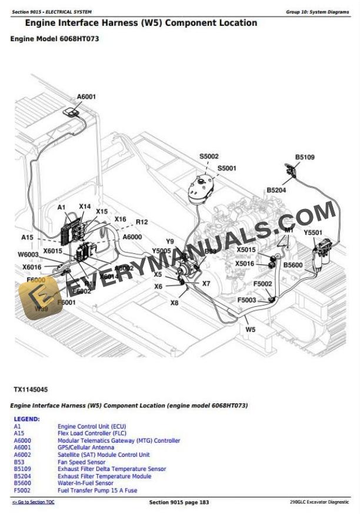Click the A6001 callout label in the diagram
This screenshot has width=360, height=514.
(x=86, y=97)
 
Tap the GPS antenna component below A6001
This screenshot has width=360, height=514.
(x=74, y=112)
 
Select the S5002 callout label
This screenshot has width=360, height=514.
(x=209, y=156)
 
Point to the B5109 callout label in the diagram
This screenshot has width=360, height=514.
(x=305, y=157)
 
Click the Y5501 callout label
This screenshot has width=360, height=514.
(x=313, y=233)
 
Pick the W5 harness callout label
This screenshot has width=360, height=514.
(x=251, y=329)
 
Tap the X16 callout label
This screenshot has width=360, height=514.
(x=120, y=219)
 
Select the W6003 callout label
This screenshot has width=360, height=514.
(x=28, y=254)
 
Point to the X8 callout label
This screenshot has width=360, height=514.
(x=174, y=303)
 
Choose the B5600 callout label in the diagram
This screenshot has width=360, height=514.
(x=292, y=265)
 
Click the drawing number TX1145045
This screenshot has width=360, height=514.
(x=31, y=390)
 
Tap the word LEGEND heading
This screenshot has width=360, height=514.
(x=26, y=419)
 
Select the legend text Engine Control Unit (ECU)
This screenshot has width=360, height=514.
(x=91, y=426)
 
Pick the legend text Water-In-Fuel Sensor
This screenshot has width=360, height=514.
(x=85, y=483)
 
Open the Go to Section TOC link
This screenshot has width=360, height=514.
(x=33, y=502)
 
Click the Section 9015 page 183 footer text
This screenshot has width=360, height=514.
(x=179, y=502)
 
